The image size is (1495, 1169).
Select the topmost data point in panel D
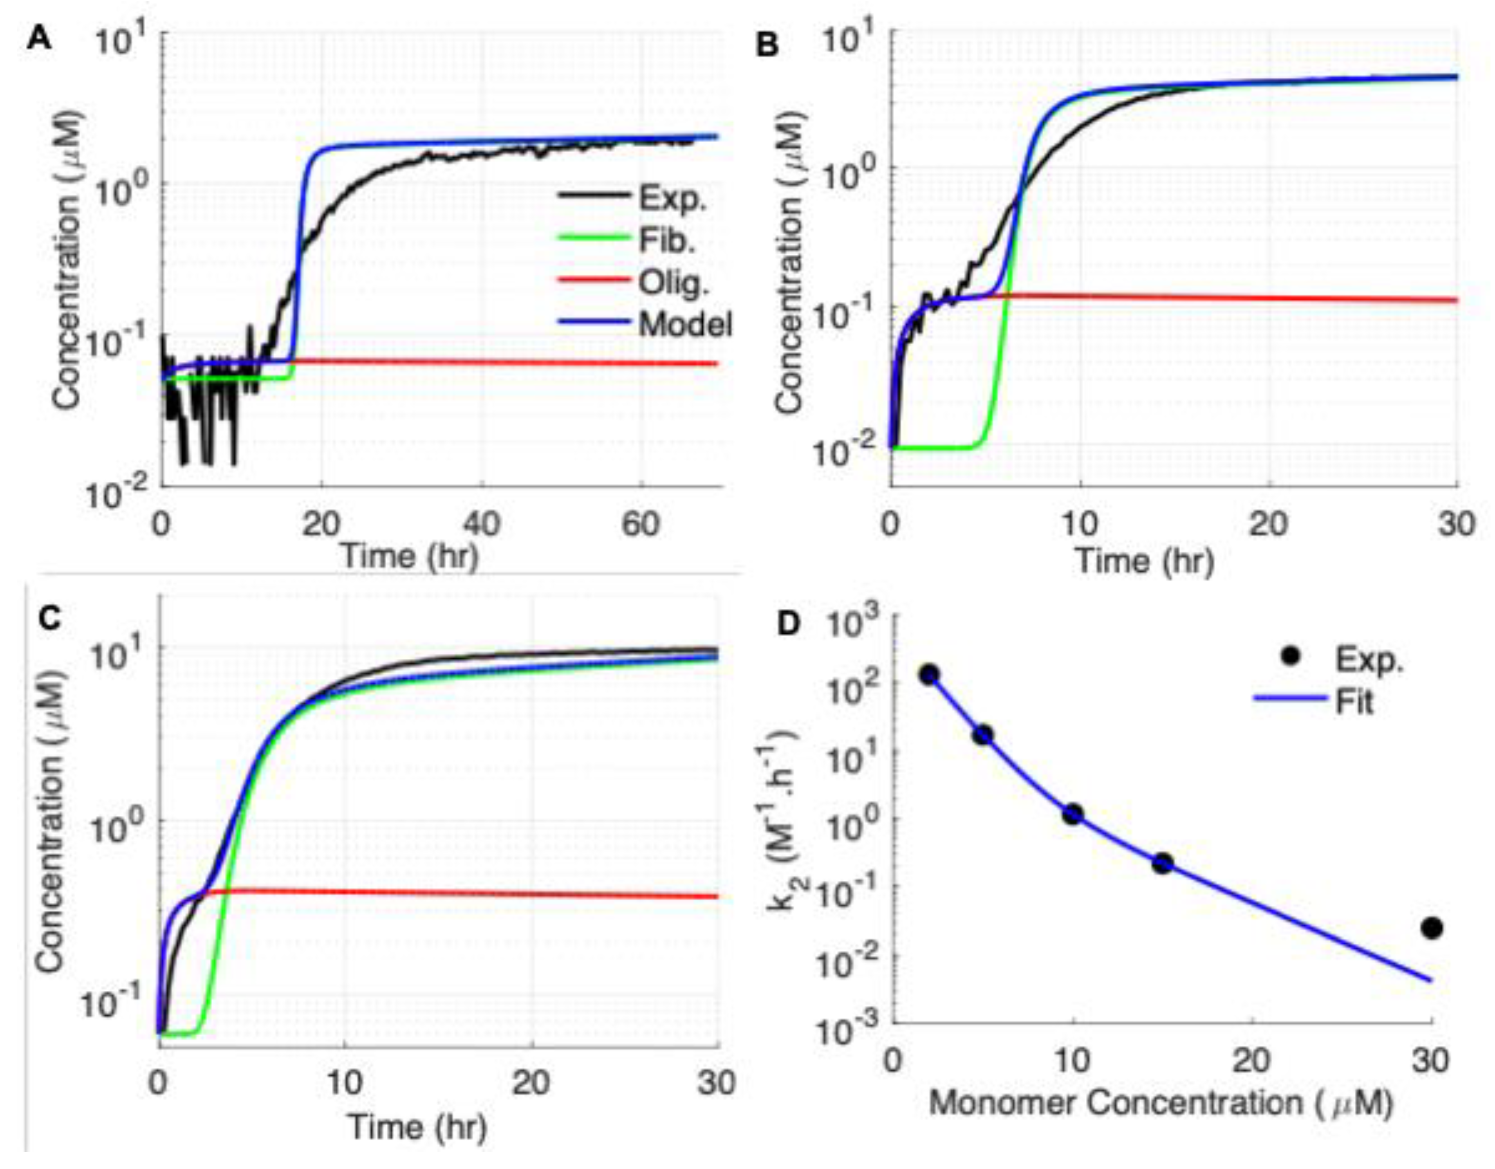[929, 675]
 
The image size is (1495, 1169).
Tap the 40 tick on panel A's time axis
[482, 526]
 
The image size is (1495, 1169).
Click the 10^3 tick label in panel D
[852, 625]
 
